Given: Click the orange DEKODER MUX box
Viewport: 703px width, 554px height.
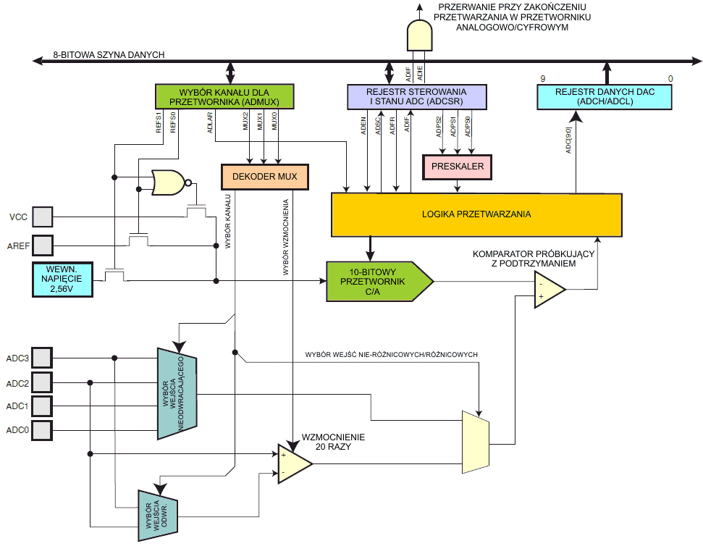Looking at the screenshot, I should coord(264,177).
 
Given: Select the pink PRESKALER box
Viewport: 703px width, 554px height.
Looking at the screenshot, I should coord(457,167).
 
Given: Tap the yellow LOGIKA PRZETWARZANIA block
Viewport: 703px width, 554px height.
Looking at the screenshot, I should coord(476,214).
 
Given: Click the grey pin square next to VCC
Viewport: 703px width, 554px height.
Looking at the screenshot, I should coord(43,217).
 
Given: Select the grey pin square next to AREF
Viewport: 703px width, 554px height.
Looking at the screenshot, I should coord(43,245).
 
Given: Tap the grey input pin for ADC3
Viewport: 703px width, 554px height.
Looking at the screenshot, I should coord(43,358).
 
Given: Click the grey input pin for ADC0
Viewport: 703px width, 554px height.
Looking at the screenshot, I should coord(43,430).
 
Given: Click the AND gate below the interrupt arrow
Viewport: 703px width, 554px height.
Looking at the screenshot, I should coord(419,34).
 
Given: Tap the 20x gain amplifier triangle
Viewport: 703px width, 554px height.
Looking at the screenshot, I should coord(294,463).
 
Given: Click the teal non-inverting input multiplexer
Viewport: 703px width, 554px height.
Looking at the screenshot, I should coord(177,393).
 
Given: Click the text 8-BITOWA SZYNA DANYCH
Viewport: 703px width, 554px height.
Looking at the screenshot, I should coord(109,54).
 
